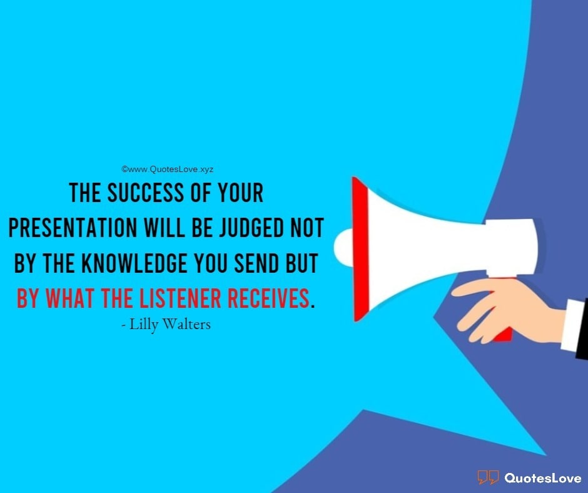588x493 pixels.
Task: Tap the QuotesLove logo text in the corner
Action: pos(541,478)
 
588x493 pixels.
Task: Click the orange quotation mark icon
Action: pos(488,478)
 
